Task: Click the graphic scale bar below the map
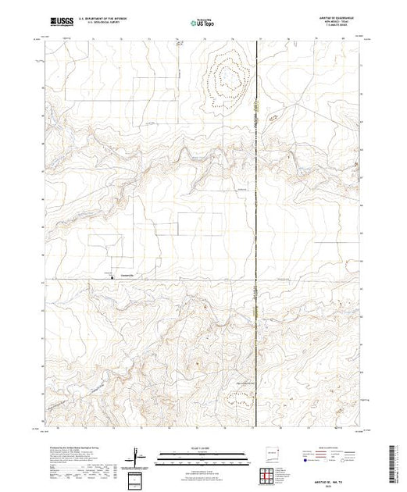click(x=201, y=455)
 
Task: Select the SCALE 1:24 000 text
click(x=201, y=448)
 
